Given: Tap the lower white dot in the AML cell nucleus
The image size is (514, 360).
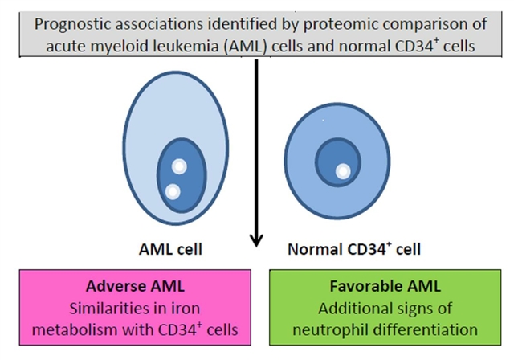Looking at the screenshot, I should [173, 191].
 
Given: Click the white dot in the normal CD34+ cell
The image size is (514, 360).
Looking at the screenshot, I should [342, 171].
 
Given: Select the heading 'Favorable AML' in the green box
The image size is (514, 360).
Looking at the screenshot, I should [369, 286].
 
